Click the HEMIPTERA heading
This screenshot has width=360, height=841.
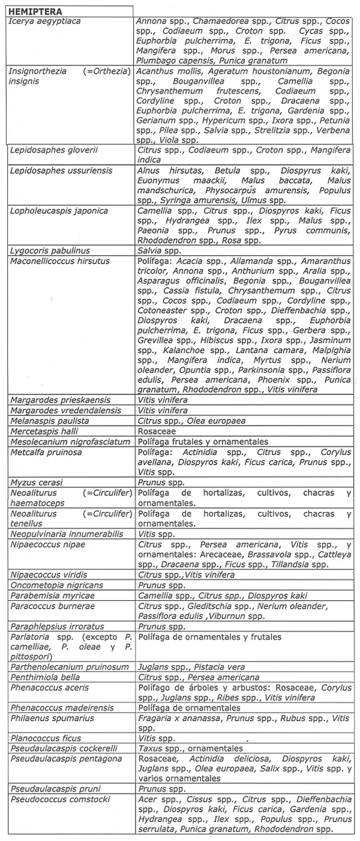pyautogui.click(x=35, y=11)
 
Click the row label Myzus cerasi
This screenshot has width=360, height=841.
pyautogui.click(x=37, y=482)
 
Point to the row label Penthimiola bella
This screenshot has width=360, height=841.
pyautogui.click(x=45, y=677)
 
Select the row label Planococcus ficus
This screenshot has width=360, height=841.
pyautogui.click(x=46, y=738)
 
